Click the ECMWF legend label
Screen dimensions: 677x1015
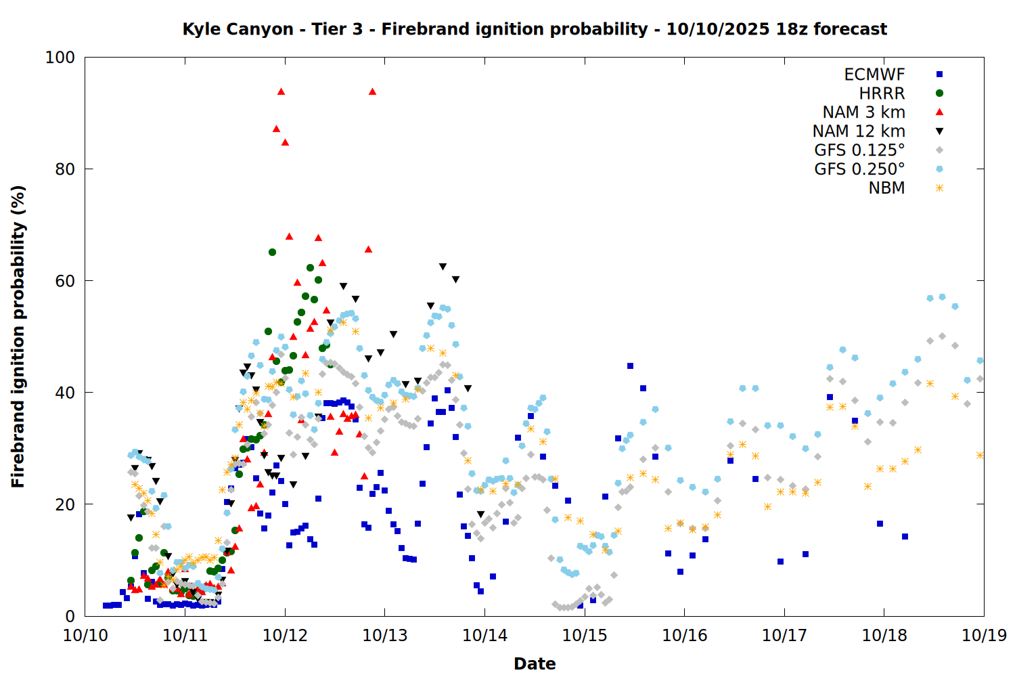874,74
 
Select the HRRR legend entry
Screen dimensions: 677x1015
882,93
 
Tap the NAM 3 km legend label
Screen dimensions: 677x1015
863,112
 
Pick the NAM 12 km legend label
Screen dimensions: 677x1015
859,131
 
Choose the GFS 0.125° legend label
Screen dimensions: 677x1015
859,150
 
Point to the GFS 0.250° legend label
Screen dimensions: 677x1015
859,169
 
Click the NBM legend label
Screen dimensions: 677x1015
886,188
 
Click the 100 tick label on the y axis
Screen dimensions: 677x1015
60,58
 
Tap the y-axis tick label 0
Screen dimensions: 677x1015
70,617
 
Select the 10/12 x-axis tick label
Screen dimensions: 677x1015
285,636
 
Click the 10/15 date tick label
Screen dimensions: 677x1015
585,636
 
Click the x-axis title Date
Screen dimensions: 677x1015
535,663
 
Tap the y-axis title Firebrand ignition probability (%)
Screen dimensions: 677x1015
18,336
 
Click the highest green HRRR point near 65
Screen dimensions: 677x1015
272,252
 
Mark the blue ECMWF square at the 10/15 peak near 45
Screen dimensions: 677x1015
630,366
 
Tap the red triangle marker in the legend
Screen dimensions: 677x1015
939,112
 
